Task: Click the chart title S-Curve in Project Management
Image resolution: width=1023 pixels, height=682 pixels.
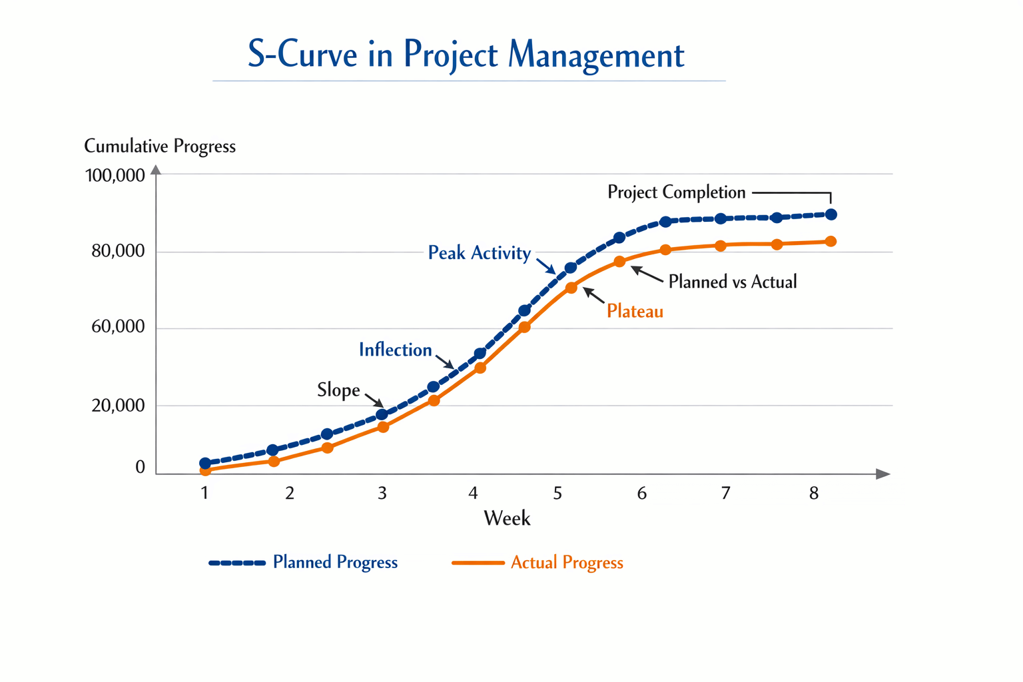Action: click(x=466, y=55)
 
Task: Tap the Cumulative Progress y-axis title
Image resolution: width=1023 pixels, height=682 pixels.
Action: click(x=160, y=146)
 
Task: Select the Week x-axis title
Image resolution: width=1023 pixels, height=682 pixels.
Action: click(x=507, y=518)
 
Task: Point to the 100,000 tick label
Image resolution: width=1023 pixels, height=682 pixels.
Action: click(x=115, y=176)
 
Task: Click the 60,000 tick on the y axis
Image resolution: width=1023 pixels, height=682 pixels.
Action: click(x=118, y=327)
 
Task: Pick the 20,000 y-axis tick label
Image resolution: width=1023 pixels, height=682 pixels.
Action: click(x=118, y=406)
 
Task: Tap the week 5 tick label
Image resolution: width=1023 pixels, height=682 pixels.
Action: click(x=557, y=494)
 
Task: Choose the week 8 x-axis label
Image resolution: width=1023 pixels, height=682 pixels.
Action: click(x=814, y=494)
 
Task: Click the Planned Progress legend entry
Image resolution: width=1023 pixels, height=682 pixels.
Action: click(x=335, y=562)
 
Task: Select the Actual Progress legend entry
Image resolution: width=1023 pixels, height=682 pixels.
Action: click(x=566, y=563)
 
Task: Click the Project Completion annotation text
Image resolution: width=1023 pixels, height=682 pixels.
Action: click(x=676, y=192)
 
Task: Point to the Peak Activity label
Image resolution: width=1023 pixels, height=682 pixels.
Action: click(x=479, y=253)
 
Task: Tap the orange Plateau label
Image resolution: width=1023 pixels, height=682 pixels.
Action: click(x=635, y=311)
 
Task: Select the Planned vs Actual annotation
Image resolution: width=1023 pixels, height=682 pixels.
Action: click(x=732, y=282)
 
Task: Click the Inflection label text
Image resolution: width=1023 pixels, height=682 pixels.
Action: click(x=395, y=350)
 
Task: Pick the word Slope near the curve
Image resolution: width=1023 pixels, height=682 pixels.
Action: click(x=338, y=390)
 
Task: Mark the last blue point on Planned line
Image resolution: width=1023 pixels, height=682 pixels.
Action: click(x=831, y=214)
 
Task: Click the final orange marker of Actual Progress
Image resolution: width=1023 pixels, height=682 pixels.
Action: click(x=831, y=242)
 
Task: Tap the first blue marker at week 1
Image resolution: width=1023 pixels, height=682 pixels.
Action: click(x=205, y=463)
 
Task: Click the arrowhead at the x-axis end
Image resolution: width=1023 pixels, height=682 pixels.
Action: click(x=883, y=474)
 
